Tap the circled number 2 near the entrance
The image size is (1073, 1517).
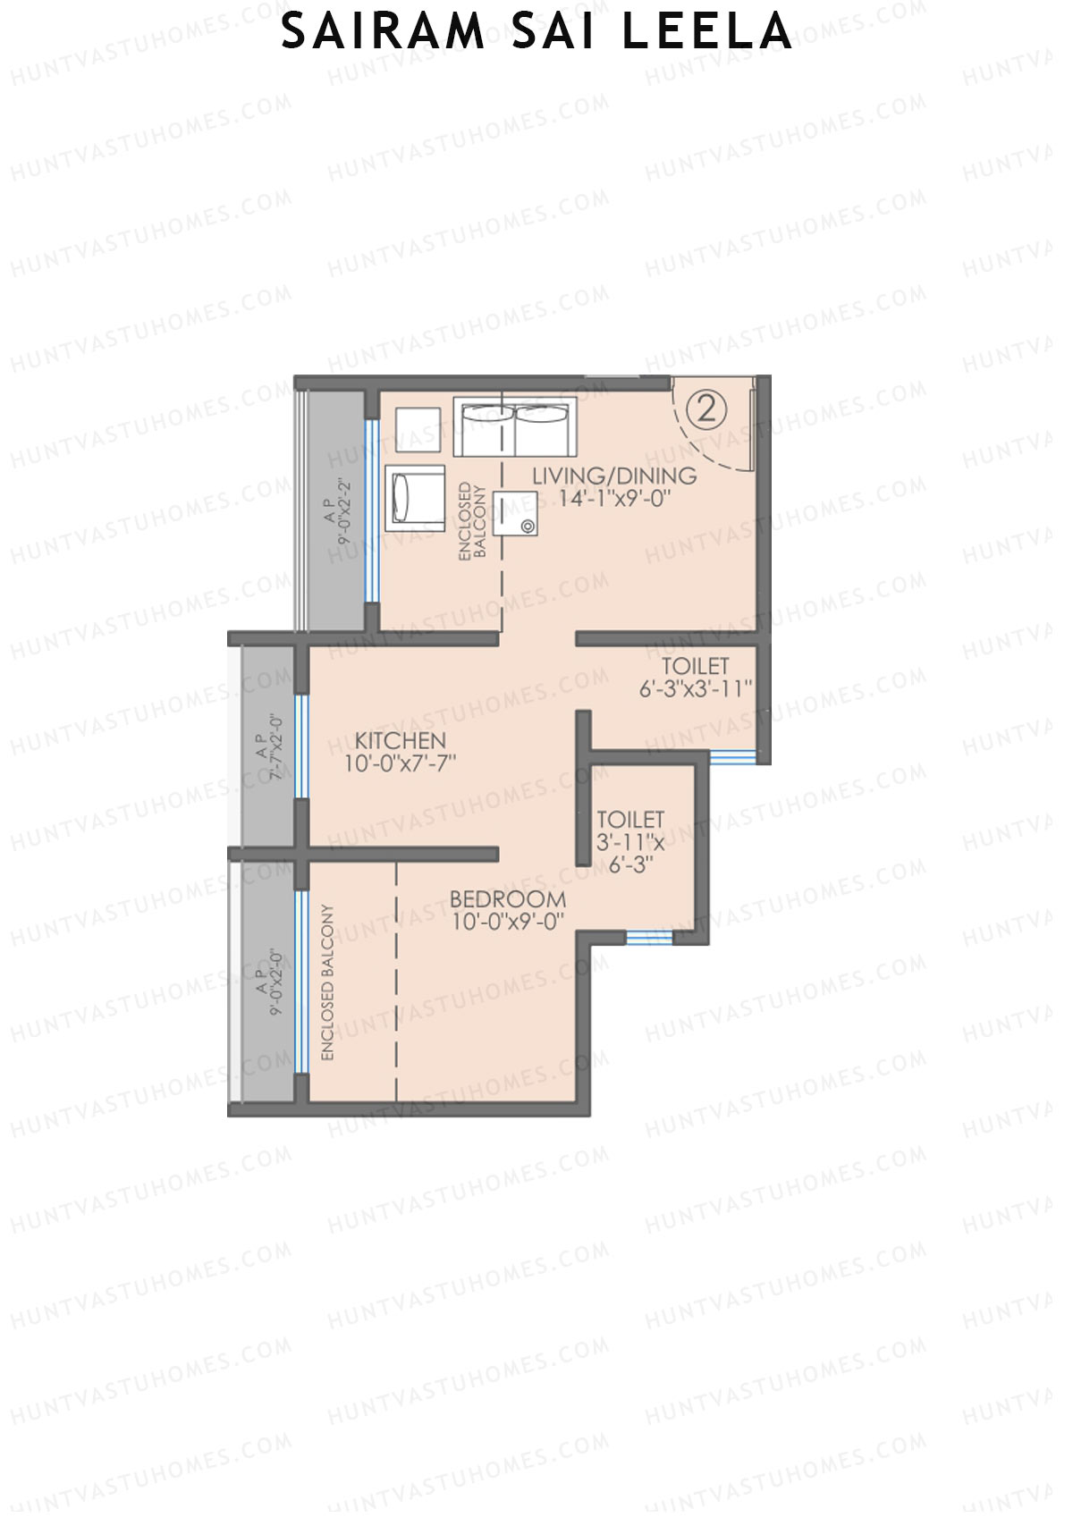706,410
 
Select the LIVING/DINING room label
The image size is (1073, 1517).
614,476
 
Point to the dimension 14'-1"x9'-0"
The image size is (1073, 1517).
614,499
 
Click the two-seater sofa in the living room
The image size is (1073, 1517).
514,427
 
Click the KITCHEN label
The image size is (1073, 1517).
400,740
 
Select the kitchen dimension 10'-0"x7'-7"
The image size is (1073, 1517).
400,763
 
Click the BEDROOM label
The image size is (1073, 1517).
507,898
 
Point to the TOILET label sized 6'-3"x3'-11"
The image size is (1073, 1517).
695,666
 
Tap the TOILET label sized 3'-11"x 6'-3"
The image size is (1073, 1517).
630,819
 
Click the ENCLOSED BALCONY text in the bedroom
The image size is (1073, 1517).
327,982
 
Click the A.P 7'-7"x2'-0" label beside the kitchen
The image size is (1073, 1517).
268,747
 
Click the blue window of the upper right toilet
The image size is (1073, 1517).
733,758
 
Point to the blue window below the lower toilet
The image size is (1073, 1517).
649,937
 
